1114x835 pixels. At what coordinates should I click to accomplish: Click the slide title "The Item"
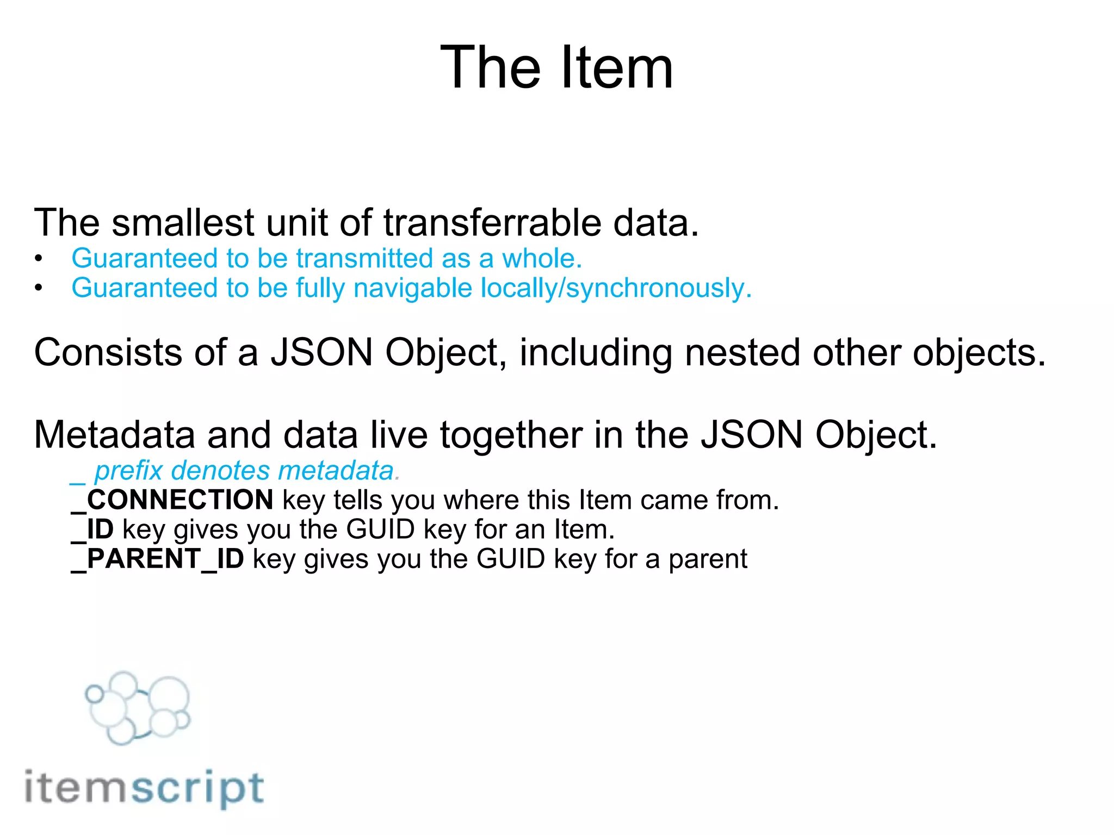[x=556, y=68]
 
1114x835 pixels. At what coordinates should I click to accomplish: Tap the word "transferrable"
[x=493, y=223]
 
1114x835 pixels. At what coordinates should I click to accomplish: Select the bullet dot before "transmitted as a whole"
[x=38, y=259]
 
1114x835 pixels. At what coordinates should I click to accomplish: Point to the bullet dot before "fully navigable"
[x=38, y=288]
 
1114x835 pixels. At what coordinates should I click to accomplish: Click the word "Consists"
[x=108, y=353]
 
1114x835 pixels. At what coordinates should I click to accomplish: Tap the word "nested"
[x=742, y=353]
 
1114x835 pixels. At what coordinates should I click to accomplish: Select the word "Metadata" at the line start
[x=114, y=435]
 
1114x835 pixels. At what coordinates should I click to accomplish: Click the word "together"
[x=511, y=435]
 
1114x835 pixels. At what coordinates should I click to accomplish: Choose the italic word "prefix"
[x=128, y=471]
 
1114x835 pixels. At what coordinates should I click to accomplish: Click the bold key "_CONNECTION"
[x=172, y=500]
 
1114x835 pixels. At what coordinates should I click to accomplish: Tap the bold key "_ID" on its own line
[x=92, y=529]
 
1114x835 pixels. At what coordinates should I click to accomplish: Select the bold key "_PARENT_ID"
[x=158, y=559]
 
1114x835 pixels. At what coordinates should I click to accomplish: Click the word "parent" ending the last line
[x=708, y=559]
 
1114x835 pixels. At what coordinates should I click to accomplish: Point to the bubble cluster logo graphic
[x=138, y=707]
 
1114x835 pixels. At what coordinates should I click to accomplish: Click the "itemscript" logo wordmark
[x=144, y=788]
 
